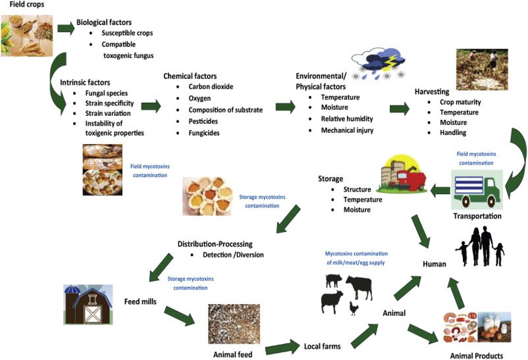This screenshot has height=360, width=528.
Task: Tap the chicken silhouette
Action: (x=354, y=308)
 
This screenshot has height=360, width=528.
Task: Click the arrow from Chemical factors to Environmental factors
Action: (x=285, y=107)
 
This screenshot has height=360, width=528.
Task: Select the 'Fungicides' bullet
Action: (x=207, y=133)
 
